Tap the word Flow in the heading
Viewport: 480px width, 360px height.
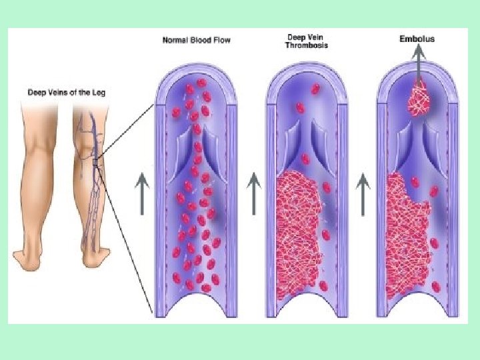point(222,40)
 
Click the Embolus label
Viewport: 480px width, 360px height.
point(417,39)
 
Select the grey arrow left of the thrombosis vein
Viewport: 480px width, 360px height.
point(254,193)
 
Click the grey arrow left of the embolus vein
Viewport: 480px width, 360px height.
point(363,193)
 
